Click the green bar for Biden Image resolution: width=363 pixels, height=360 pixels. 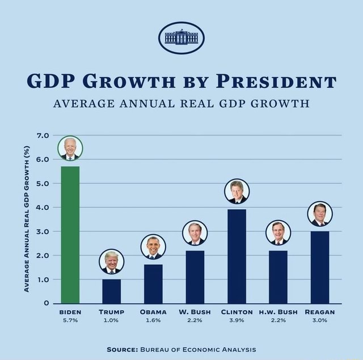point(70,235)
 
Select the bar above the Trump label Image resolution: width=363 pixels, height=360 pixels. point(111,291)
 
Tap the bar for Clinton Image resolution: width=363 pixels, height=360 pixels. point(237,256)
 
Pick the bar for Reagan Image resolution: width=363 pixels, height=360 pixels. point(320,267)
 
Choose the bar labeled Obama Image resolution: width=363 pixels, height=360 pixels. point(153,283)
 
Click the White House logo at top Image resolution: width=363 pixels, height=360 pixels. point(181,37)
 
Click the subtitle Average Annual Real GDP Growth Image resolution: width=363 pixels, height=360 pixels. point(181,104)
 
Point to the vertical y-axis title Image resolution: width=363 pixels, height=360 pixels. point(27,219)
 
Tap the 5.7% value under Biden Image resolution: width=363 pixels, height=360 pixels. point(70,320)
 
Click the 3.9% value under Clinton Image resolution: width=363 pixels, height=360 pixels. point(237,320)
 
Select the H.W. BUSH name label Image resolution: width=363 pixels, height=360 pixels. point(278,312)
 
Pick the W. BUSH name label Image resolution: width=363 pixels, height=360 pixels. point(195,312)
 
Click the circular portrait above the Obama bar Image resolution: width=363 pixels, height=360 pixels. point(153,247)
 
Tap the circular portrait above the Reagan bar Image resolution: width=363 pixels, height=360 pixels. point(320,214)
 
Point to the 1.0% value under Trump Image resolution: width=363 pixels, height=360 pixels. point(111,320)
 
